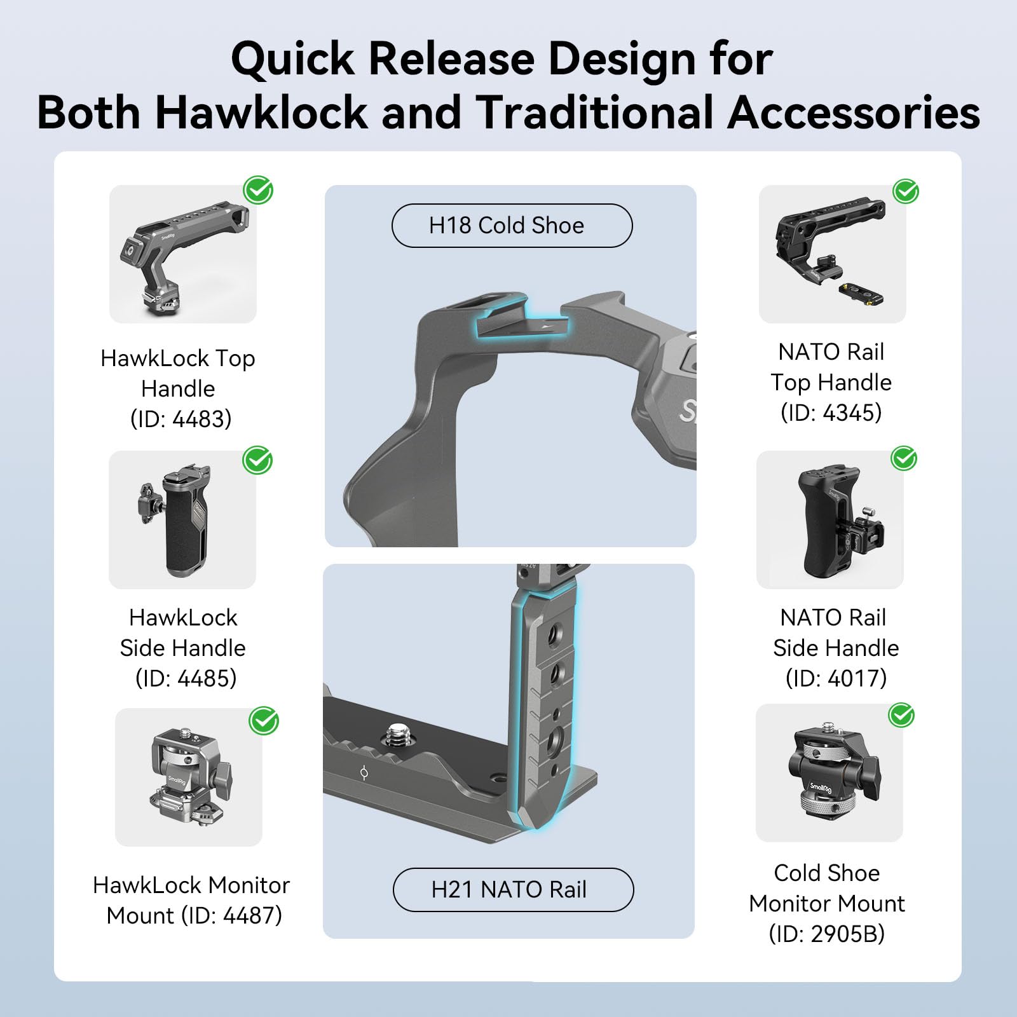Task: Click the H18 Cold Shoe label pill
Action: pos(512,226)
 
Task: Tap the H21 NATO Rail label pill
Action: pos(513,889)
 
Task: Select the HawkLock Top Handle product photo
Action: pos(183,254)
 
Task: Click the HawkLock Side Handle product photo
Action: pos(182,520)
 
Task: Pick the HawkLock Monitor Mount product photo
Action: pos(189,777)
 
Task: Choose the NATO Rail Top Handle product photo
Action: pos(832,254)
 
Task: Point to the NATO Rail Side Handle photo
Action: pos(829,520)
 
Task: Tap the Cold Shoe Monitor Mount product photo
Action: pos(829,773)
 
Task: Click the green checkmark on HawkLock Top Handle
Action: pos(259,189)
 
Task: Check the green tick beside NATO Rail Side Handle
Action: pos(904,458)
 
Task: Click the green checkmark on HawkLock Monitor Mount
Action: pos(264,721)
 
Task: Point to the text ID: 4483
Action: pos(181,420)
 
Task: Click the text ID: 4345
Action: pos(831,413)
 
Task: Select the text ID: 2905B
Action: pos(826,934)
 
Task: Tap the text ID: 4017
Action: pos(836,678)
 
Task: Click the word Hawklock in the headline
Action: pos(261,113)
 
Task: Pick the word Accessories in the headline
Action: pos(854,113)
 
